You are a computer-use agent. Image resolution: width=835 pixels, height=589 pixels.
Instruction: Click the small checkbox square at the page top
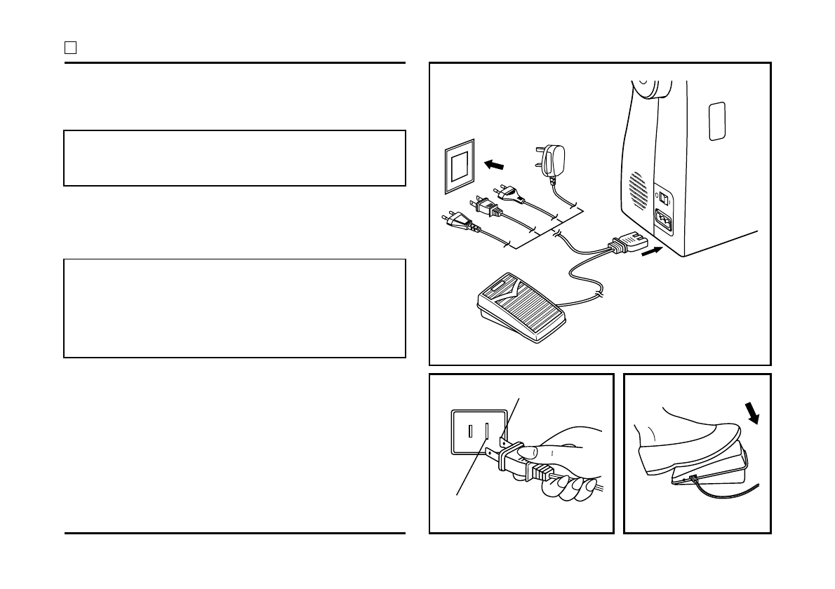click(x=70, y=48)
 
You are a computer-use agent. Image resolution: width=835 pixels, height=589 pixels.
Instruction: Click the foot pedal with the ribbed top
click(x=521, y=308)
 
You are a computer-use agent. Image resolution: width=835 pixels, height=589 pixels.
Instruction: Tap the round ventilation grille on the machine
click(x=637, y=189)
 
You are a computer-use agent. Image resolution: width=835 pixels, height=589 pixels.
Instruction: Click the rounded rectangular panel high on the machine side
click(x=716, y=121)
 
